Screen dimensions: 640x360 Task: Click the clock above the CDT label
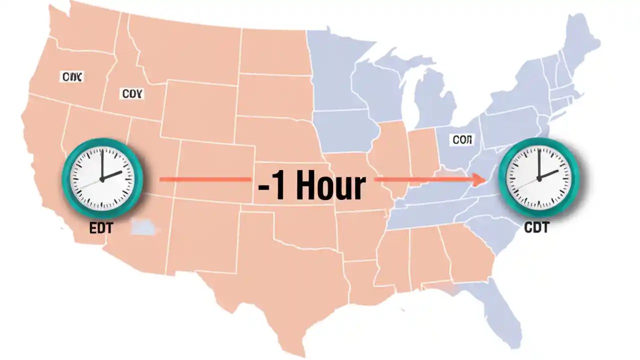538,177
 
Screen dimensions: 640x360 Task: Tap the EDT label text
101,228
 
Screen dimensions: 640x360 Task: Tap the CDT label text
536,227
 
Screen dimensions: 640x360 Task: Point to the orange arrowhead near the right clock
482,178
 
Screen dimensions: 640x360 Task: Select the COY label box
132,93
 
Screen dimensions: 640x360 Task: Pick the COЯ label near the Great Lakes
462,140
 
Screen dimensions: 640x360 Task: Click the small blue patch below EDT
143,228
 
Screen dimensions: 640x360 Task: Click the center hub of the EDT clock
102,178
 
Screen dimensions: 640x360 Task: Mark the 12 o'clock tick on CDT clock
538,151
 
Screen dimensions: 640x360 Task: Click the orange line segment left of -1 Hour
205,178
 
